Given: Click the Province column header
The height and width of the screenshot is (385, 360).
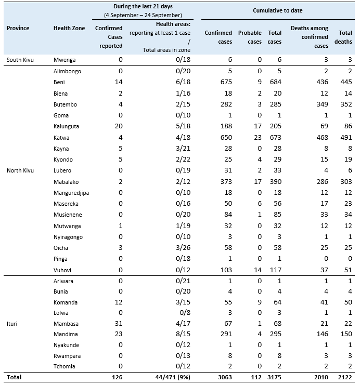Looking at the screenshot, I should [x=18, y=28].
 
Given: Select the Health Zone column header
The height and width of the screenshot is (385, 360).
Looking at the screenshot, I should [x=69, y=28].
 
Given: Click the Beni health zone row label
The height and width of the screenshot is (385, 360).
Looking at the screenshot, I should [x=59, y=82].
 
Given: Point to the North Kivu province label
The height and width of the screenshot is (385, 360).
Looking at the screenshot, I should [x=21, y=170].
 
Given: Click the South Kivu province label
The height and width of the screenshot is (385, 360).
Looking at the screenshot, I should [x=21, y=60].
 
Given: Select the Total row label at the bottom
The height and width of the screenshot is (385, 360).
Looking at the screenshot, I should [x=15, y=377].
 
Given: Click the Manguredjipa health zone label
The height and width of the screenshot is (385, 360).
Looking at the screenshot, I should [x=71, y=193].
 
